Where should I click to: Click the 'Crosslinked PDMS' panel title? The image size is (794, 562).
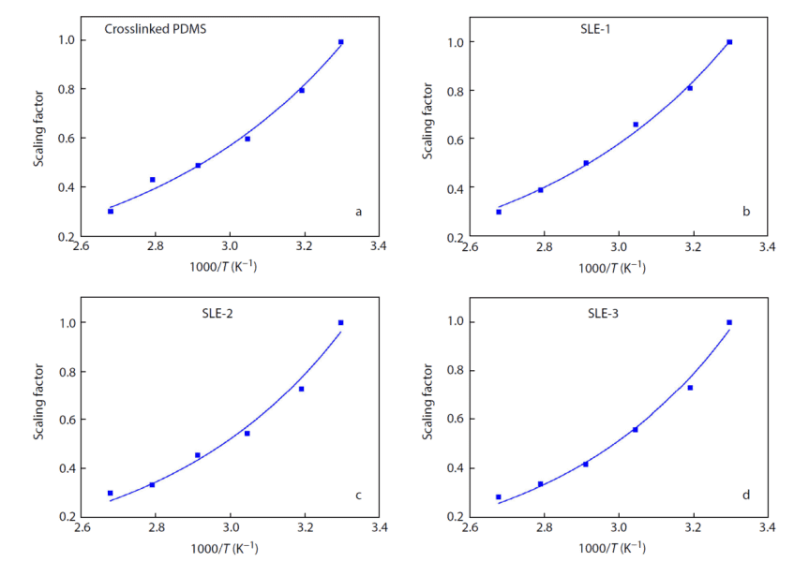coord(155,29)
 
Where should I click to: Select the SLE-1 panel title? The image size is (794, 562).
coord(597,29)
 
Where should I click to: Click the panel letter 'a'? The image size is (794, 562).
coord(357,212)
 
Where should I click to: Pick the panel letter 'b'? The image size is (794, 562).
coord(746,212)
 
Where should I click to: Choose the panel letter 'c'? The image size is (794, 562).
coord(357,495)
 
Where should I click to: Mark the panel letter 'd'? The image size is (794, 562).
coord(746,495)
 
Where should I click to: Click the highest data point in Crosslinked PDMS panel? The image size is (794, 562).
coord(340,42)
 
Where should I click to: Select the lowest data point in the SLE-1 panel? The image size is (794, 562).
coord(499,212)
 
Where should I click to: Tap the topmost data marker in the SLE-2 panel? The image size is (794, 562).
coord(340,322)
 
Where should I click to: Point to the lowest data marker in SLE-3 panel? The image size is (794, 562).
coord(499,497)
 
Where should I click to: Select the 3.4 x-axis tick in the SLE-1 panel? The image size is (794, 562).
coord(767,249)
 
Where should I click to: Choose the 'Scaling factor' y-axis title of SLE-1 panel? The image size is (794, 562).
coord(427,126)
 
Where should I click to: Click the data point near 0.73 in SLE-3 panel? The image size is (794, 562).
coord(690,388)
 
